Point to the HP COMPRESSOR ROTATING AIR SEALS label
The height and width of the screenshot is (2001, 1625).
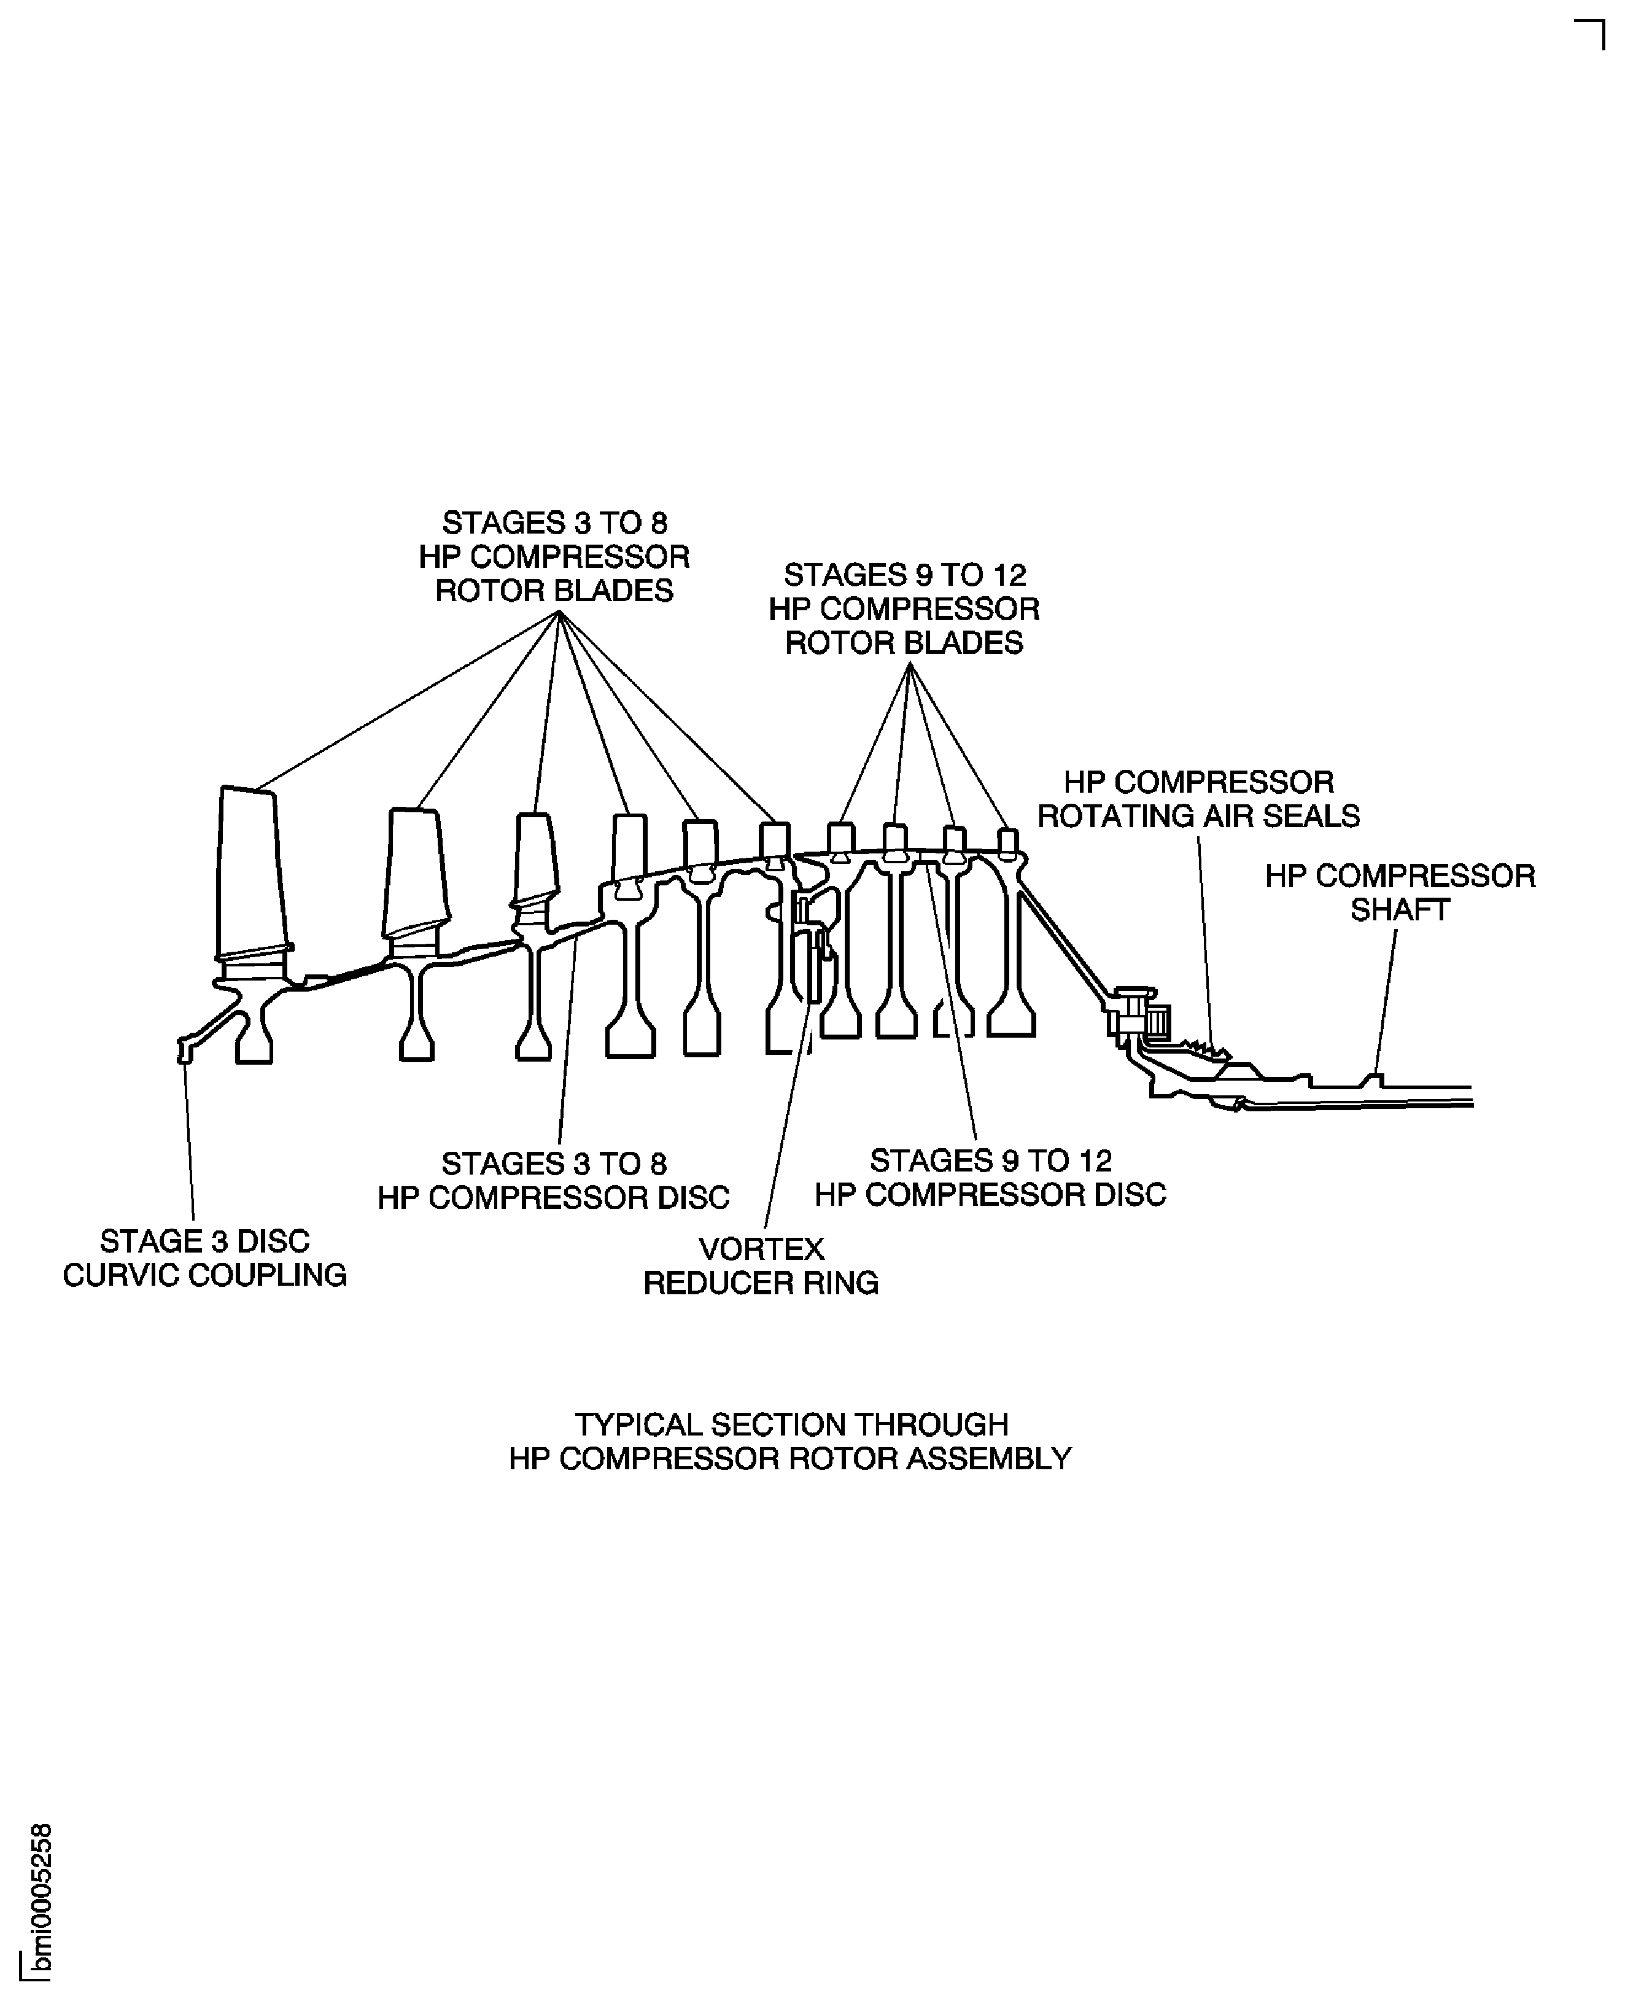coord(1198,799)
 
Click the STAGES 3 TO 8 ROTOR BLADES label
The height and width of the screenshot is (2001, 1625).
coord(554,556)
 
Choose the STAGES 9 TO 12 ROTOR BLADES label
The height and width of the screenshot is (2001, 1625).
coord(904,608)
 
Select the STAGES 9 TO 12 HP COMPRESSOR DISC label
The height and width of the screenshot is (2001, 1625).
coord(990,1177)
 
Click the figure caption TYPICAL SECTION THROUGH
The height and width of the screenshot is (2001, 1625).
coord(791,1424)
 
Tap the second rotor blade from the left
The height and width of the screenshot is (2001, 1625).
coord(417,871)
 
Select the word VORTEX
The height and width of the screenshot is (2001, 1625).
coord(761,1248)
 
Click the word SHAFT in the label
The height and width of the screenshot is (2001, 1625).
coord(1400,909)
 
